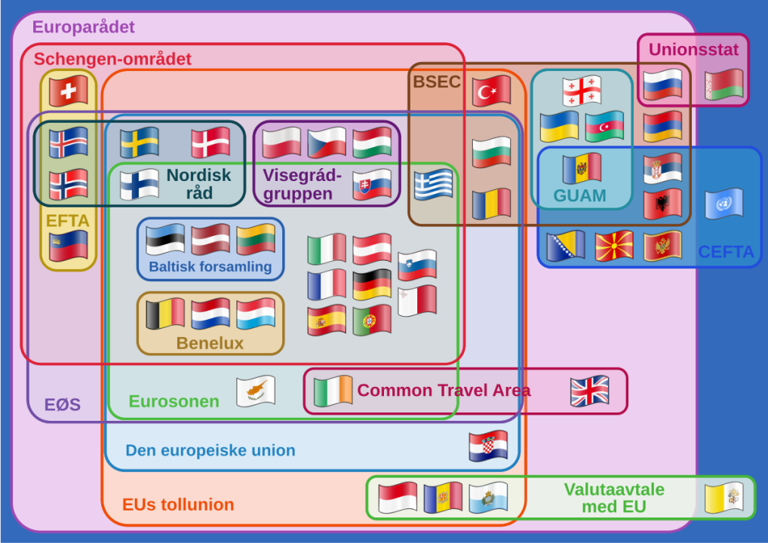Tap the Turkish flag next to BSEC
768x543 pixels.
point(491,91)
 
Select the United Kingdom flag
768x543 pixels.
point(590,391)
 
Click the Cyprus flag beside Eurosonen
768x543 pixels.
point(255,391)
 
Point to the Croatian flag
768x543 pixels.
point(488,446)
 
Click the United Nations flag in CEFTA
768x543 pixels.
point(724,204)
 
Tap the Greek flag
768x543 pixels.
point(433,185)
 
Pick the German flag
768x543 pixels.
point(372,284)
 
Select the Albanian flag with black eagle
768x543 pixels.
point(662,204)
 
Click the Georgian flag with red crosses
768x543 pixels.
point(582,91)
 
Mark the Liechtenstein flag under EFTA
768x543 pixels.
point(68,246)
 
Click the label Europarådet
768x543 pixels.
point(83,26)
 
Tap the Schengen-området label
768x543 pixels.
point(112,59)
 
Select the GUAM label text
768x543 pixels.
point(579,195)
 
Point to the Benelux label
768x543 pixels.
point(210,343)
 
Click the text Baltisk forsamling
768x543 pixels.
point(210,266)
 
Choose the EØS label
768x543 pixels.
point(62,404)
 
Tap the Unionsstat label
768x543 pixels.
point(693,50)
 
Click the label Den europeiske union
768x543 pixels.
point(210,450)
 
